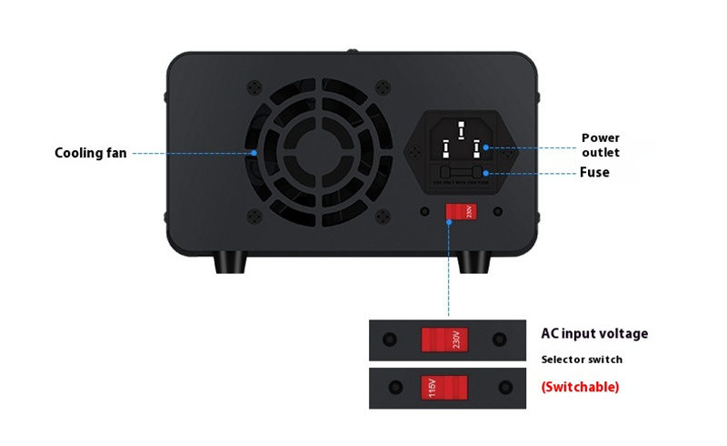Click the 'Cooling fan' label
[x=91, y=153]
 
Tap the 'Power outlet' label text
[x=601, y=146]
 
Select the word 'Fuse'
[x=594, y=172]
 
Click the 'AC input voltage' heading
[x=594, y=334]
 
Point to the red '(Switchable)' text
[x=580, y=387]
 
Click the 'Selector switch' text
[x=582, y=360]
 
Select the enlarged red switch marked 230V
[x=444, y=340]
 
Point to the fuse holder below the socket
[x=462, y=173]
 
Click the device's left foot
[x=230, y=262]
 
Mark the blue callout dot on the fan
[x=255, y=153]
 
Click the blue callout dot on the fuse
[x=487, y=173]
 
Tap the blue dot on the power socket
[x=487, y=145]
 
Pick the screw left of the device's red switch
[x=424, y=212]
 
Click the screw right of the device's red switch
[x=496, y=212]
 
